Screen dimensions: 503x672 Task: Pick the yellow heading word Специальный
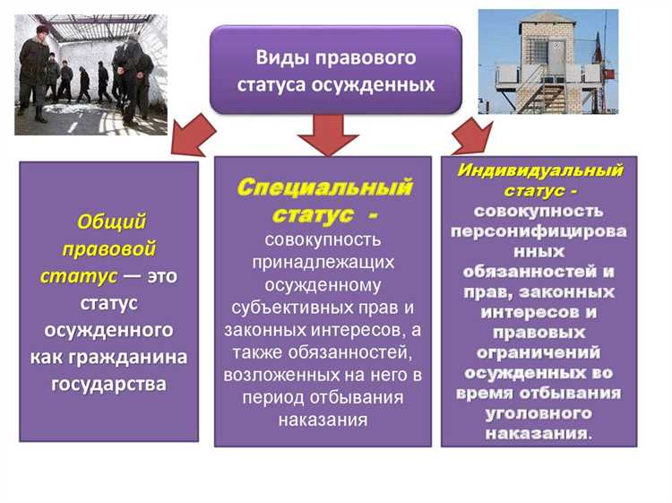tap(324, 187)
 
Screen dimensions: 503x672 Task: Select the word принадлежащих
tap(323, 262)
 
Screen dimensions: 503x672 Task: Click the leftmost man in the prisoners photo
tap(34, 72)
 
